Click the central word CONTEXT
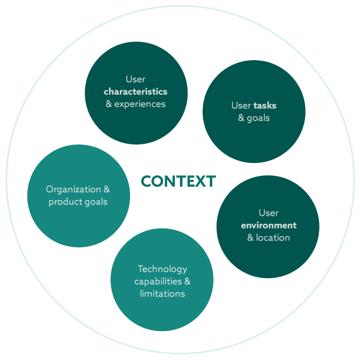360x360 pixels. (178, 181)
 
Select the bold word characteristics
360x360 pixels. (135, 92)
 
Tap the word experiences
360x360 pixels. (140, 104)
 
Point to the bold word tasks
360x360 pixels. (265, 105)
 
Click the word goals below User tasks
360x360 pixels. (258, 118)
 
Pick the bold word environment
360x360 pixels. (268, 225)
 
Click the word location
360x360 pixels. (273, 238)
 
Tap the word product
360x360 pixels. (64, 202)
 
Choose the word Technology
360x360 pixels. (162, 269)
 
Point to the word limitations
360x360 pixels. (162, 294)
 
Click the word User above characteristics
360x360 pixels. (135, 79)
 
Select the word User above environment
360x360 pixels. (268, 213)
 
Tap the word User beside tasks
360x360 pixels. (241, 105)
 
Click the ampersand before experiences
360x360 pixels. (109, 104)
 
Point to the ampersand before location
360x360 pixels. (250, 238)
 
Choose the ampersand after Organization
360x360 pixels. (106, 189)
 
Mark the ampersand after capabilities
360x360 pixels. (187, 281)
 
